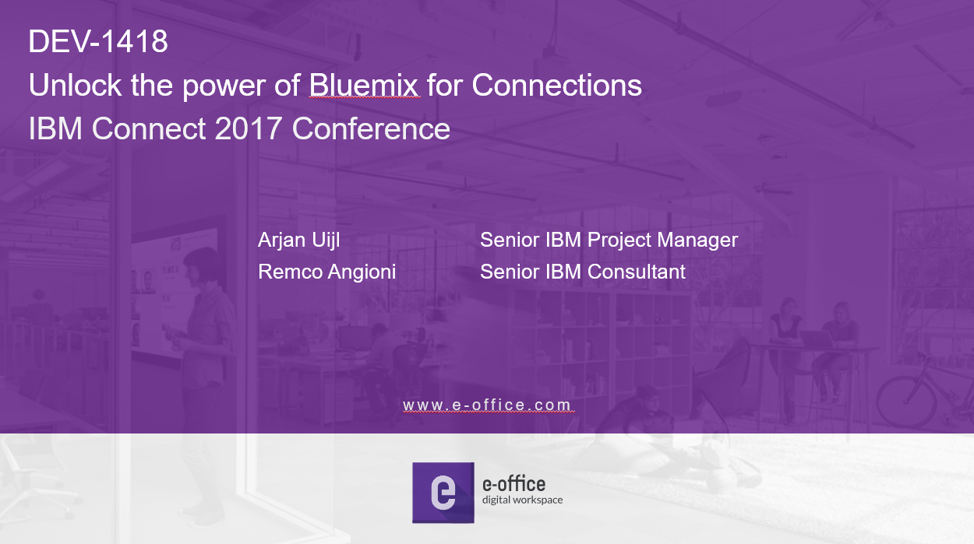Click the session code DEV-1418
click(x=98, y=42)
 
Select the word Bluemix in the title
click(x=364, y=85)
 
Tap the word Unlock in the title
click(x=76, y=85)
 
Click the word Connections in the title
click(x=556, y=85)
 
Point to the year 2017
click(x=249, y=128)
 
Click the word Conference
click(x=371, y=128)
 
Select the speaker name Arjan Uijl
click(x=298, y=240)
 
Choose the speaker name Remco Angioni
click(x=327, y=272)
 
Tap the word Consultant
click(x=637, y=272)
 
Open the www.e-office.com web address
click(x=487, y=405)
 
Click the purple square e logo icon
click(x=443, y=493)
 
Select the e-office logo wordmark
click(x=513, y=483)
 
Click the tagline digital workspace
click(x=522, y=500)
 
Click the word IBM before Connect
click(x=55, y=128)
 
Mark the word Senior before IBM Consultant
click(x=510, y=272)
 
